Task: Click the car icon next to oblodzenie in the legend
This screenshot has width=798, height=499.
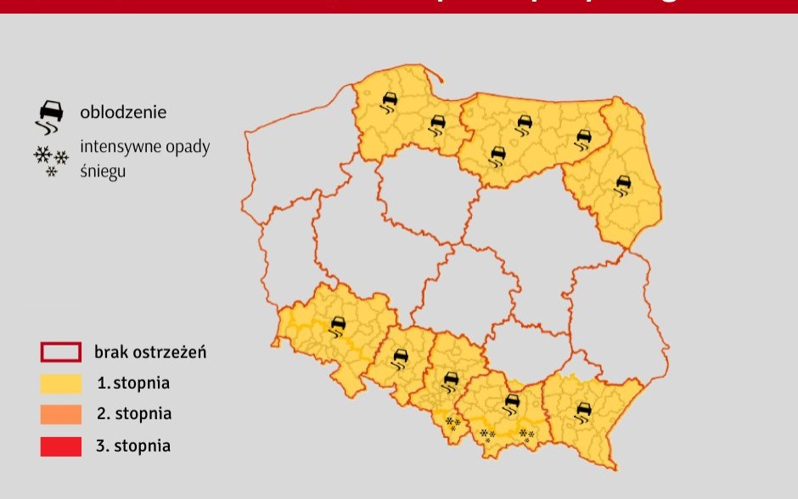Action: tap(50, 115)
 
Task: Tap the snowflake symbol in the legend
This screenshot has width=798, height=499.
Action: tap(51, 160)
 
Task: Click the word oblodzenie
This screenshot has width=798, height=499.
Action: tap(123, 112)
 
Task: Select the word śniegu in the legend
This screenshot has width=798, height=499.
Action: tap(103, 171)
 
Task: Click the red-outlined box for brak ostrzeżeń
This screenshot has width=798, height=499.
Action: tap(61, 352)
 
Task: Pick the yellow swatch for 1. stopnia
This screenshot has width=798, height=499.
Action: tap(61, 384)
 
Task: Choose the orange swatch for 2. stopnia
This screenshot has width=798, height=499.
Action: tap(61, 414)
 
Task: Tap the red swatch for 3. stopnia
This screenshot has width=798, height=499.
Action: tap(61, 446)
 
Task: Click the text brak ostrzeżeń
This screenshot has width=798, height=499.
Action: tap(150, 352)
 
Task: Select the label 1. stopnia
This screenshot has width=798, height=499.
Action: tap(133, 384)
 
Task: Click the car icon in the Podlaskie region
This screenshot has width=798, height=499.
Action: tap(624, 184)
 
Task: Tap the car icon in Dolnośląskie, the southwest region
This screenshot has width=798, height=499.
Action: tap(338, 326)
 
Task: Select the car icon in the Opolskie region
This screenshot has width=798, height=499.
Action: tap(399, 359)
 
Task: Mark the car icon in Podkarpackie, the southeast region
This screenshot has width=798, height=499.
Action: tap(583, 412)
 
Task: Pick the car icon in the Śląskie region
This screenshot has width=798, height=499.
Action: tap(452, 380)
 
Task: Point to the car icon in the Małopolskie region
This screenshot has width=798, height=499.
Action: tap(512, 402)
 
